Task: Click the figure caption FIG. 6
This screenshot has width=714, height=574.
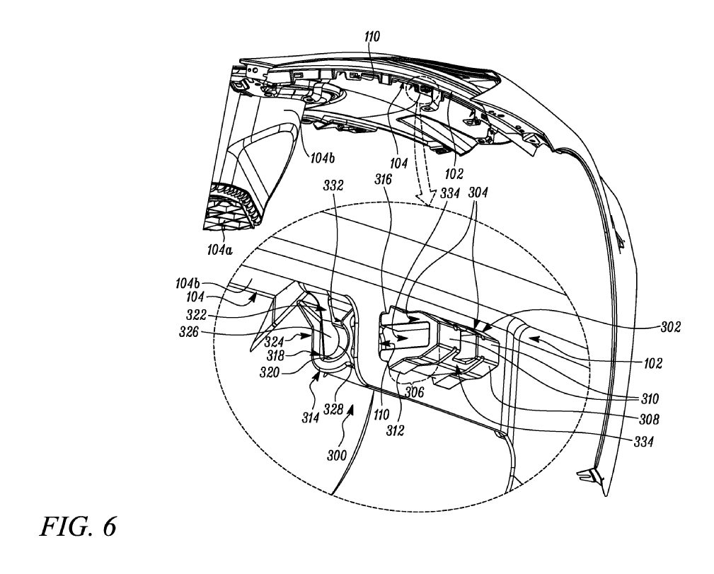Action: pyautogui.click(x=79, y=527)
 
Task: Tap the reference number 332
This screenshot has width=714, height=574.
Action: pyautogui.click(x=333, y=185)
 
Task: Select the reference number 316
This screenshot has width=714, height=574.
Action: pyautogui.click(x=383, y=179)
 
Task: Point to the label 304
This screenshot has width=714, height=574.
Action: pyautogui.click(x=478, y=193)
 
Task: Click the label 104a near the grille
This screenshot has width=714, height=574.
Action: pyautogui.click(x=219, y=249)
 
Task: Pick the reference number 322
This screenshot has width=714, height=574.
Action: pyautogui.click(x=196, y=315)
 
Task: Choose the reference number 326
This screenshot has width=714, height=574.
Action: pyautogui.click(x=189, y=332)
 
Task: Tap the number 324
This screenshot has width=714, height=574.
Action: pyautogui.click(x=274, y=341)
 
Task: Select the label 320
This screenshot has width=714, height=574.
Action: pyautogui.click(x=270, y=372)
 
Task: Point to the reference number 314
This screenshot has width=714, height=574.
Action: pyautogui.click(x=310, y=417)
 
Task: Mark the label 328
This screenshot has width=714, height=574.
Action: pyautogui.click(x=333, y=410)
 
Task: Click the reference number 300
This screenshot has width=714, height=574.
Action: pyautogui.click(x=337, y=455)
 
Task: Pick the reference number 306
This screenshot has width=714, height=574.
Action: pyautogui.click(x=414, y=392)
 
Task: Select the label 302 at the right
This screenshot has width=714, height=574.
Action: pyautogui.click(x=671, y=326)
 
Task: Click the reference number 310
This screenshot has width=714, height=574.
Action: pyautogui.click(x=650, y=398)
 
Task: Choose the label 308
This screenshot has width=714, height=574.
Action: pyautogui.click(x=650, y=419)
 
